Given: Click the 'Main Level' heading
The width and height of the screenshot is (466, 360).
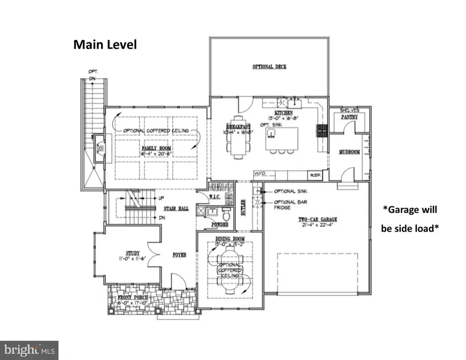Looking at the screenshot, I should [x=105, y=45].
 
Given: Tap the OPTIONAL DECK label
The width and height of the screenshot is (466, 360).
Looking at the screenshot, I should [x=269, y=67].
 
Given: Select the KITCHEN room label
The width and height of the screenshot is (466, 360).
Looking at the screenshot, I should [x=284, y=112].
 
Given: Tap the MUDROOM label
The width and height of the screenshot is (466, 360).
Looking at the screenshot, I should [x=349, y=152].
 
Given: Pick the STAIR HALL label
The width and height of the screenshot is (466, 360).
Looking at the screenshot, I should [x=172, y=208].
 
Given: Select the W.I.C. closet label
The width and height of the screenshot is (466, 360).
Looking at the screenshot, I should [x=216, y=197].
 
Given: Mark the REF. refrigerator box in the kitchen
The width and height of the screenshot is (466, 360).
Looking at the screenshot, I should [x=314, y=175].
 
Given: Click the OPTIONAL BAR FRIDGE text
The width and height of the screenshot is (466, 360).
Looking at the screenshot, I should [x=286, y=205].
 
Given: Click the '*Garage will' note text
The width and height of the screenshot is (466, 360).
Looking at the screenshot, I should [x=410, y=210].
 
